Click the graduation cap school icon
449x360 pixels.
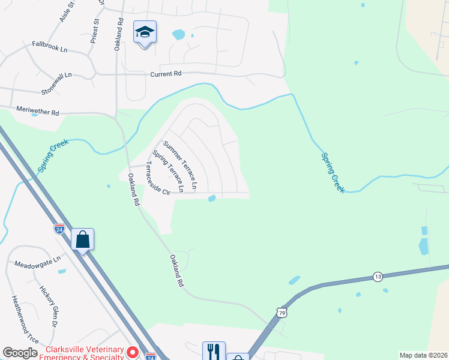tap(145, 32)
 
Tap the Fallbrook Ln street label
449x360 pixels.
tap(49, 46)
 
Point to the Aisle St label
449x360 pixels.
tap(67, 12)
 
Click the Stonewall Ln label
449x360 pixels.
tap(56, 83)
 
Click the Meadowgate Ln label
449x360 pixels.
tap(38, 263)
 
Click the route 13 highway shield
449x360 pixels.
tap(377, 276)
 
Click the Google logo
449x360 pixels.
tap(20, 353)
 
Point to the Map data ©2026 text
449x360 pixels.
tap(423, 355)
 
